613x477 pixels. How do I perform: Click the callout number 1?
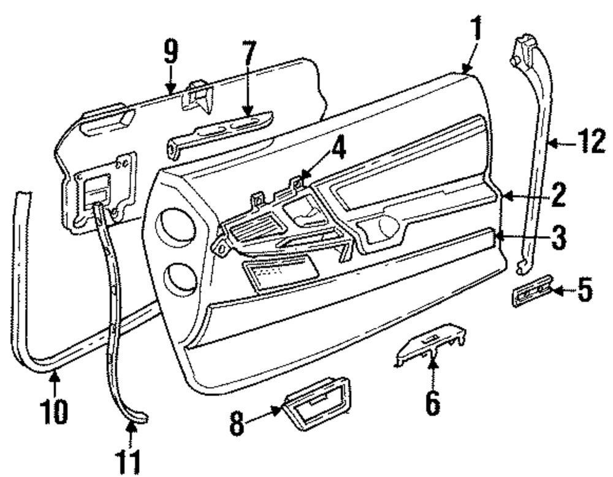point(476,29)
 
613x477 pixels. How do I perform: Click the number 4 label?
point(338,149)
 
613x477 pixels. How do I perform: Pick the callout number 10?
point(55,412)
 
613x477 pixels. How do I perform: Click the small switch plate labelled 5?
point(530,295)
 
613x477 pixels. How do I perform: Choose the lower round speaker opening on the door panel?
point(180,278)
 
